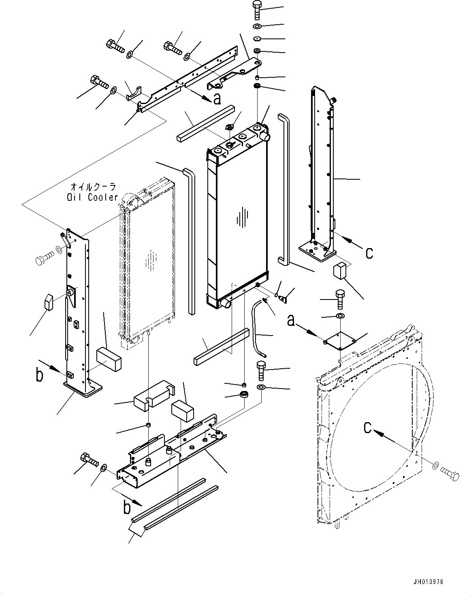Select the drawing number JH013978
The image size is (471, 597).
pos(429,582)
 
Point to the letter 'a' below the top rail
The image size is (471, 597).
pos(217,98)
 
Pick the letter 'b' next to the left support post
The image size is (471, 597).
pos(39,375)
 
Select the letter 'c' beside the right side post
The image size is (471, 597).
pos(369,253)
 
